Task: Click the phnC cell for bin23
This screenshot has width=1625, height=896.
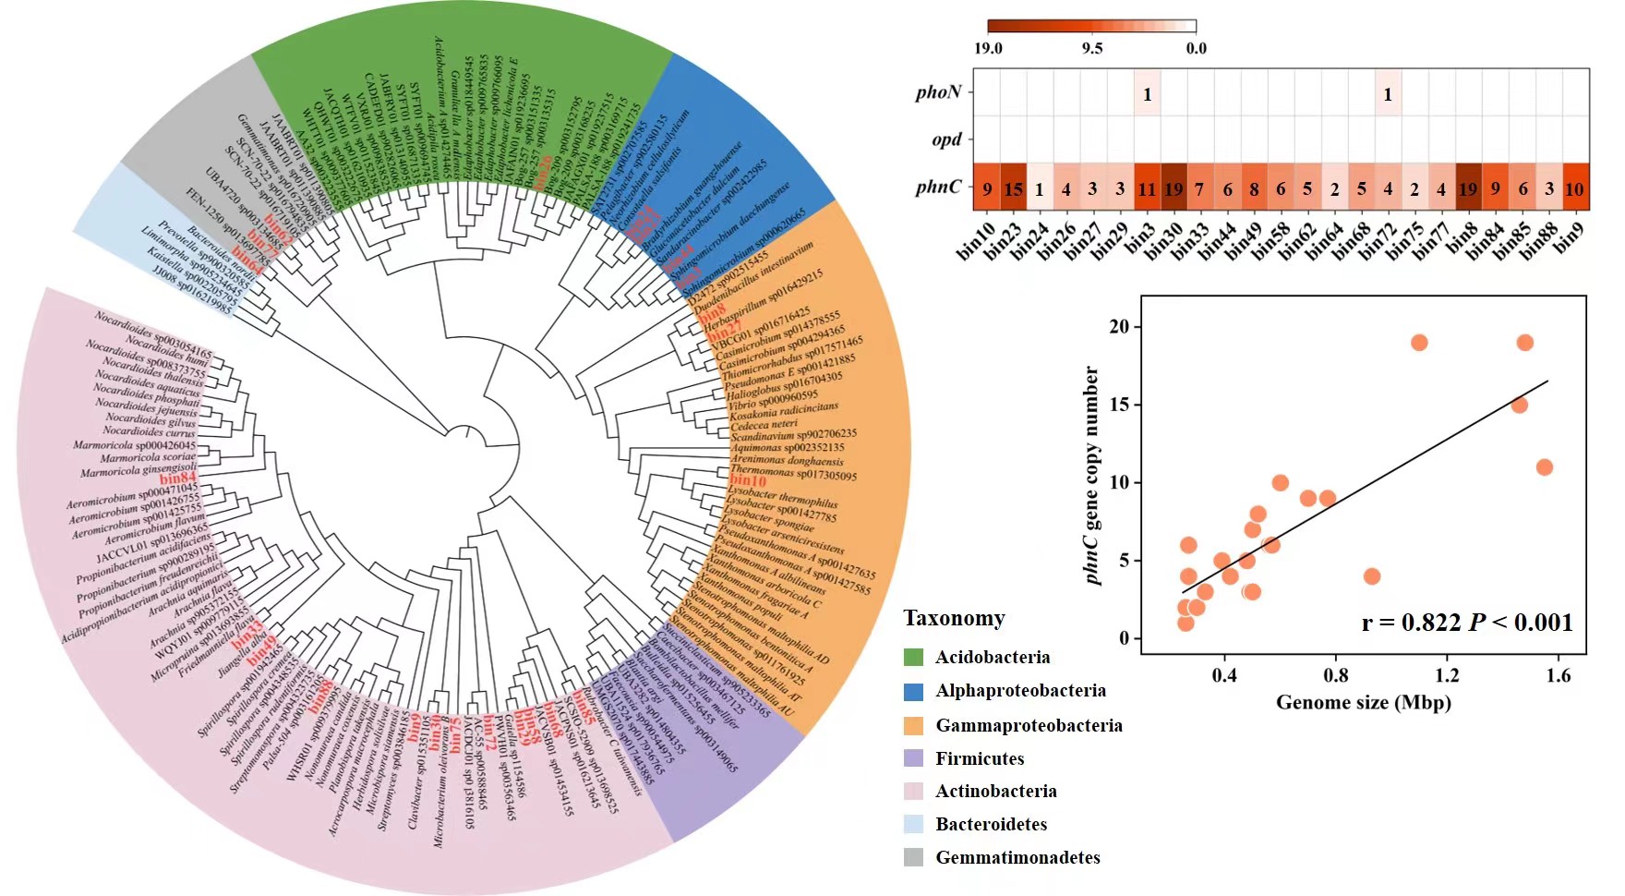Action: click(x=1013, y=188)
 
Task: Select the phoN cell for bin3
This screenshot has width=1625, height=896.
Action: click(x=1147, y=93)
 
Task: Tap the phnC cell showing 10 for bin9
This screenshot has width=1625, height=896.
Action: click(x=1575, y=188)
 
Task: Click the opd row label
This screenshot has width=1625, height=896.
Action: click(x=946, y=139)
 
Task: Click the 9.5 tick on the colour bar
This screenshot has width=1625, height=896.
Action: click(x=1092, y=48)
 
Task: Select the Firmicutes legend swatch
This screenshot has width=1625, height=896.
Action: click(x=913, y=758)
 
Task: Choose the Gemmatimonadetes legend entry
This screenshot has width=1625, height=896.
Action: click(x=1017, y=857)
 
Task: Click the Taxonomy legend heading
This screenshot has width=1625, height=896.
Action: click(x=954, y=618)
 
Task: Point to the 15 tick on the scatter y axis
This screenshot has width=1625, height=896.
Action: click(x=1119, y=405)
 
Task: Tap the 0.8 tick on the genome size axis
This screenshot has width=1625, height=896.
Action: click(x=1336, y=675)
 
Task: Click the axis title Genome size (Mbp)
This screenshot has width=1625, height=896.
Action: click(x=1363, y=703)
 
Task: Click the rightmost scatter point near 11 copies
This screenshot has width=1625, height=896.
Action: click(x=1544, y=467)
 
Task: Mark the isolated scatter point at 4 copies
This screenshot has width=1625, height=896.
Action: click(x=1372, y=576)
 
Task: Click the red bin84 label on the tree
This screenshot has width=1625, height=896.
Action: click(x=177, y=478)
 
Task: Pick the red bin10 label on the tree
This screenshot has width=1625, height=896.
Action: click(x=748, y=480)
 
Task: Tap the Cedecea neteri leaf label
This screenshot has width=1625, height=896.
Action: click(x=764, y=424)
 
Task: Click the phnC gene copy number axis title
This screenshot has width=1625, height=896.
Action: click(x=1093, y=476)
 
